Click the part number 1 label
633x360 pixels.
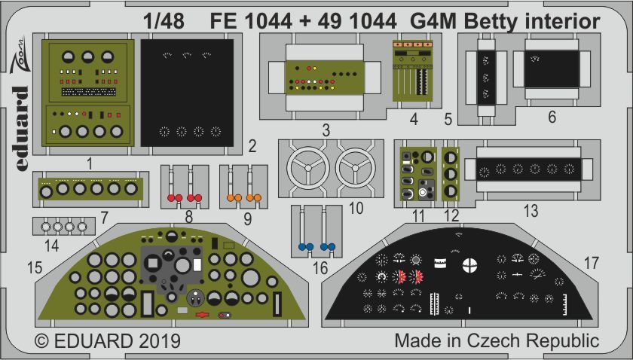(89, 163)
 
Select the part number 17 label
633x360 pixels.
(591, 263)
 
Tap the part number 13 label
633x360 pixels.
(531, 212)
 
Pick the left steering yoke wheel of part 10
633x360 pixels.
(305, 167)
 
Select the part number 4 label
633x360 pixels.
(414, 119)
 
